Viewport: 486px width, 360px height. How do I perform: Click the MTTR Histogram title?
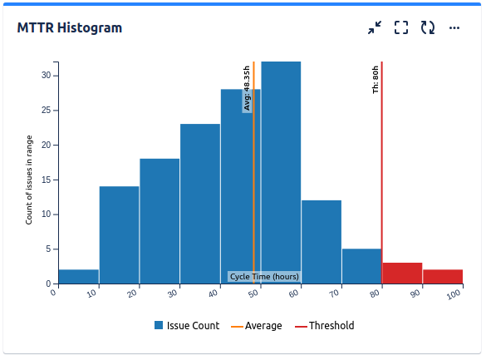(70, 28)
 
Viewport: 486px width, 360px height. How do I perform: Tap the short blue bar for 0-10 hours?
(79, 276)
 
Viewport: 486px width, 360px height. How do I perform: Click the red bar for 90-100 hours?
(443, 276)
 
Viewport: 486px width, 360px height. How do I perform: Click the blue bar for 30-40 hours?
(200, 203)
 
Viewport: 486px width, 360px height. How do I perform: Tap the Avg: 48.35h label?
(247, 88)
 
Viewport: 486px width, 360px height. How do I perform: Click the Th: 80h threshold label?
(376, 79)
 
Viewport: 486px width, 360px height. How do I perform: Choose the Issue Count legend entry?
(187, 326)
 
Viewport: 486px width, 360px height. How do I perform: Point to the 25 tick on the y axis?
(47, 110)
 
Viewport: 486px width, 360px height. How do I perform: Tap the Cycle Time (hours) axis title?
(264, 276)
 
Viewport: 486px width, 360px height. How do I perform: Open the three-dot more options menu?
(454, 27)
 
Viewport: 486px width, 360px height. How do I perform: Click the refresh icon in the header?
(428, 27)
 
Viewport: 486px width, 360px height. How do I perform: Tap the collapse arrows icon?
(375, 27)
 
